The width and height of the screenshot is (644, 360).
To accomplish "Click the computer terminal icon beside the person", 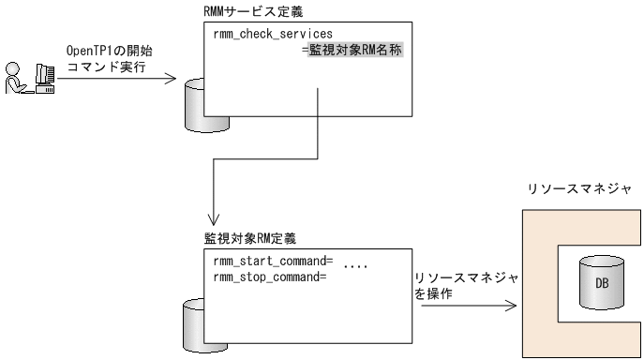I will (41, 79).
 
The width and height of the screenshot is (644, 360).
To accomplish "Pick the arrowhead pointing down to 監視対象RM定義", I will (216, 213).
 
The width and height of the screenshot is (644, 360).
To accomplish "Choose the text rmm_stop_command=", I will (266, 276).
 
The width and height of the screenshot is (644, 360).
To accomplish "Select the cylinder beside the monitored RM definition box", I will (194, 321).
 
